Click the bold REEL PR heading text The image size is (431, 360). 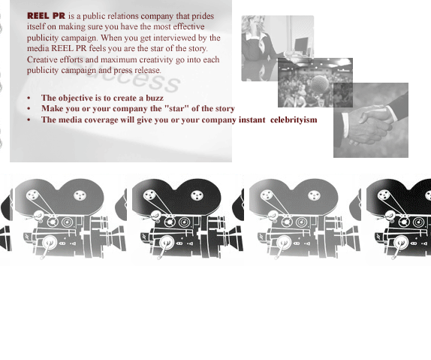(47, 16)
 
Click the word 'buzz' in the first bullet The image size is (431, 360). (155, 98)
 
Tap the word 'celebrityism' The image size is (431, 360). (294, 120)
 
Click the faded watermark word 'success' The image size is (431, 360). (127, 77)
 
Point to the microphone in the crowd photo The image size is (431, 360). (320, 83)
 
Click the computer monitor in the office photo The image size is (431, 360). (301, 44)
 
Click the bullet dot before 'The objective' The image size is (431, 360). (29, 98)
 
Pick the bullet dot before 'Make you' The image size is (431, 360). (29, 109)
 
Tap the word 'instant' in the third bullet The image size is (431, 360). (252, 119)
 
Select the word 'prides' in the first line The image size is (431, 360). (203, 17)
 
